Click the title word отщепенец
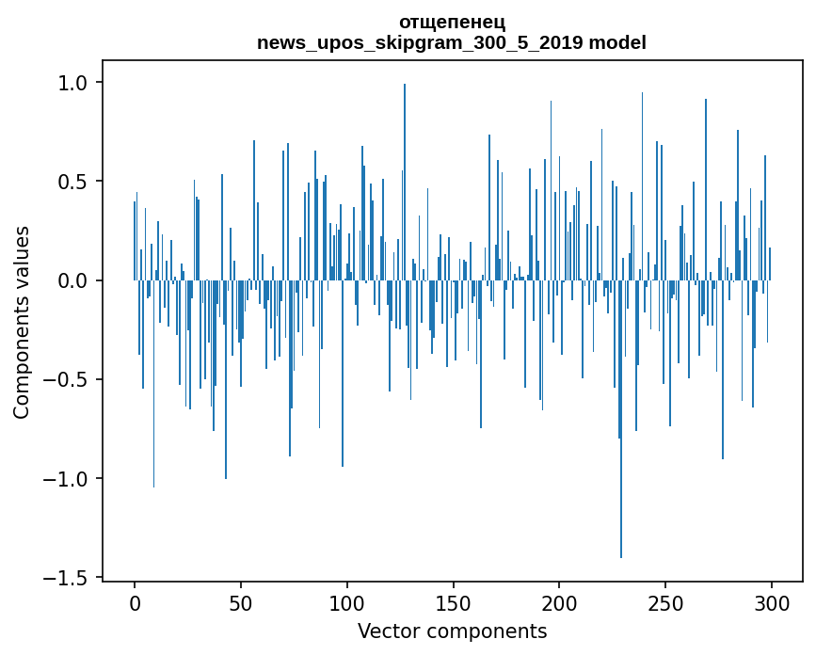452,22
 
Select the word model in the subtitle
617,43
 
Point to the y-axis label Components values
22,322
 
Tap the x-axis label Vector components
452,631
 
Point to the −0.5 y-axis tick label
67,380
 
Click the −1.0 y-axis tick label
67,479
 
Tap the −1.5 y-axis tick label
67,578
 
